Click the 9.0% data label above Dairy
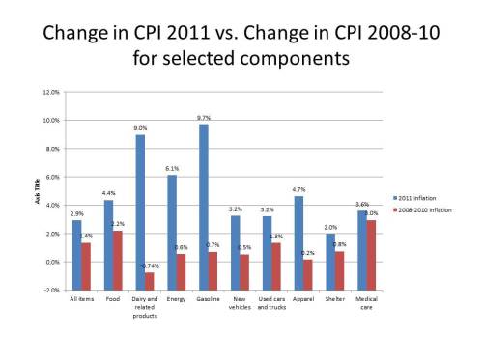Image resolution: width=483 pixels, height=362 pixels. tap(141, 126)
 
